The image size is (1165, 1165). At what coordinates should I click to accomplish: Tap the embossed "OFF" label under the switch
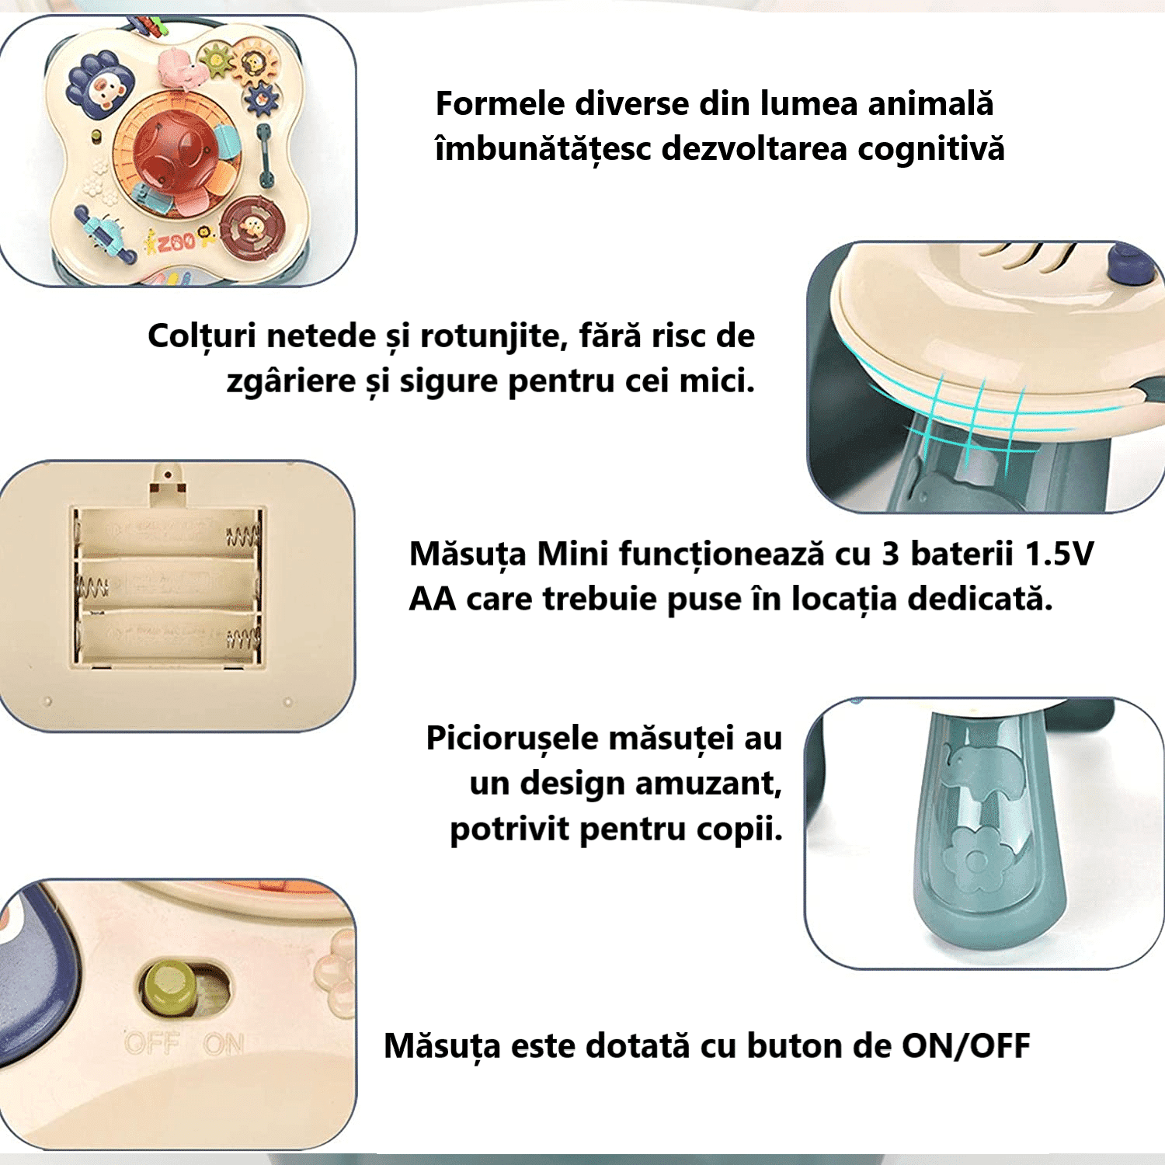[152, 1043]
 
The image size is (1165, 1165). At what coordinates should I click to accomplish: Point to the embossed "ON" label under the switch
[224, 1045]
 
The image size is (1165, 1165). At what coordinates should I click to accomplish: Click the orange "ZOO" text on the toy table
[177, 242]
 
